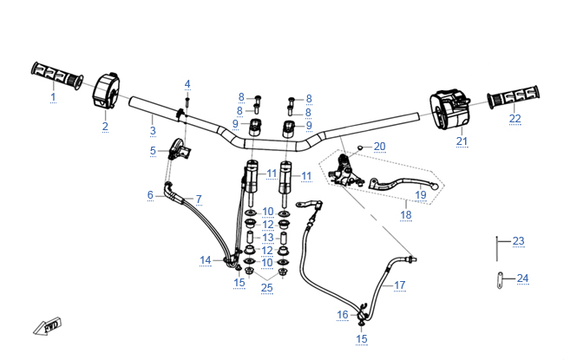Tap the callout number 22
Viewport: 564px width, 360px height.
515,118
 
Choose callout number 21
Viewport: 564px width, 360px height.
462,141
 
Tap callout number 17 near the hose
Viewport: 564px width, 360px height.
399,285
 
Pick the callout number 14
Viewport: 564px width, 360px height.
206,259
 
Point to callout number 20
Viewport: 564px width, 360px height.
379,146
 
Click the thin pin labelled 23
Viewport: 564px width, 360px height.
496,249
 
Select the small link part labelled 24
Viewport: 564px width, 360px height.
500,281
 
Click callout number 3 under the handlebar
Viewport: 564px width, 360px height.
153,131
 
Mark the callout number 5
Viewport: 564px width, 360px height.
153,151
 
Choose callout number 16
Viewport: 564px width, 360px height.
343,314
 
